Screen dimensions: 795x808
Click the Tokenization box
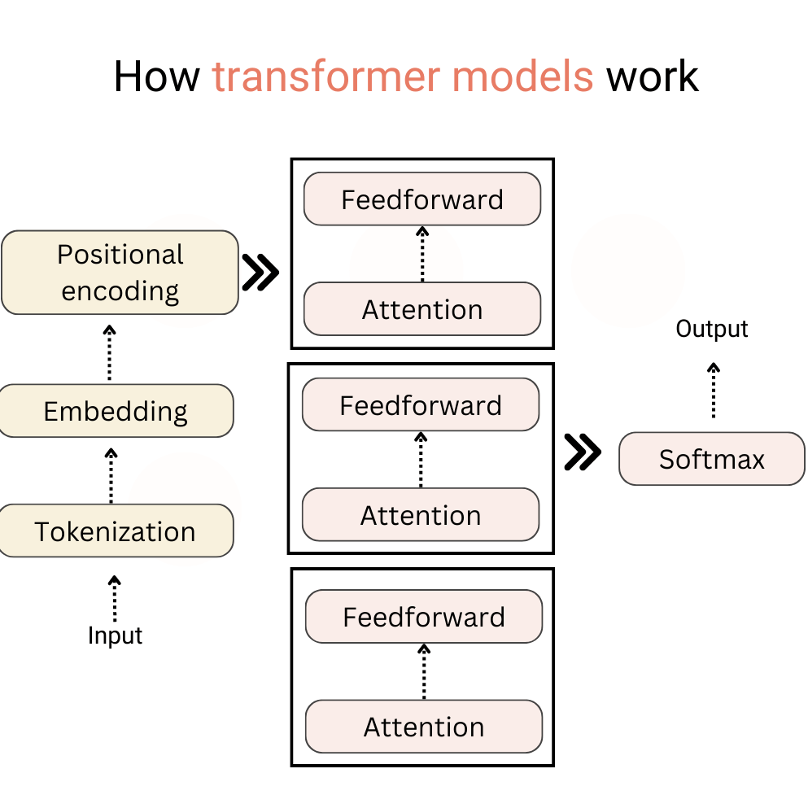(x=116, y=531)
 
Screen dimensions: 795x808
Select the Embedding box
(x=116, y=411)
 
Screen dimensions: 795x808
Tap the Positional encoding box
(x=120, y=273)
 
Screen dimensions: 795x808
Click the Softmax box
(x=712, y=459)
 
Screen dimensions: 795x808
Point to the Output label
(x=712, y=329)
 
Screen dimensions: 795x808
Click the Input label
(x=115, y=635)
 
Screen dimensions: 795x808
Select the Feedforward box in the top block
(x=422, y=199)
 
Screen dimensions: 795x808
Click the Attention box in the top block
(x=422, y=309)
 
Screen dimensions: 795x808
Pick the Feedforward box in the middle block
(x=421, y=405)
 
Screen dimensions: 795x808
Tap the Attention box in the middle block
(x=421, y=515)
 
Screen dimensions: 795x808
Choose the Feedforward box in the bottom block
(x=424, y=617)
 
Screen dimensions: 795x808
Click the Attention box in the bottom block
(x=424, y=727)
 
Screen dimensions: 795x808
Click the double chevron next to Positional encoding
(x=260, y=273)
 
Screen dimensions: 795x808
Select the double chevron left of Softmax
(x=583, y=452)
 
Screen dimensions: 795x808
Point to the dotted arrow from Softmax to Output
(x=714, y=391)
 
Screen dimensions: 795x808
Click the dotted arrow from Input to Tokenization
(x=115, y=598)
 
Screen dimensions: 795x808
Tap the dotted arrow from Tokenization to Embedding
(x=111, y=475)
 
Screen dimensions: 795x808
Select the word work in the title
(x=653, y=77)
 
